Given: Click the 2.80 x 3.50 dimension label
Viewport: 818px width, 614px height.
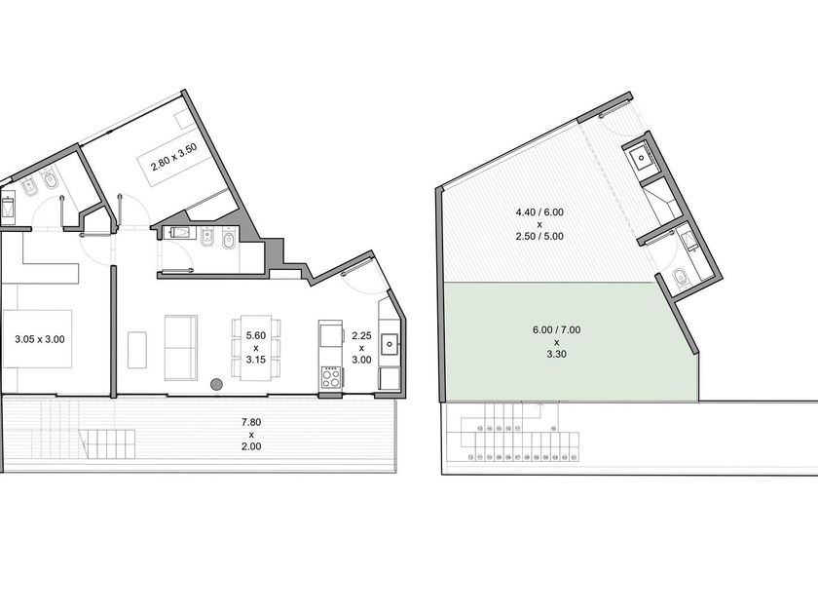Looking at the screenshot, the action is pos(173,157).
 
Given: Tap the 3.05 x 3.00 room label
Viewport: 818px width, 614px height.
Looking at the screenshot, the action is pos(40,339).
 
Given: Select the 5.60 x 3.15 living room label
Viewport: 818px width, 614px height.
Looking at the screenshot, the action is pos(255,348).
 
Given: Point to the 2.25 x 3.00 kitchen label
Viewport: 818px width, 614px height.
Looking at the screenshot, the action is pos(361,348).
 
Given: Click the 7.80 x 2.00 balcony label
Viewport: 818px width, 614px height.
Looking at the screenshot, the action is pos(251,434).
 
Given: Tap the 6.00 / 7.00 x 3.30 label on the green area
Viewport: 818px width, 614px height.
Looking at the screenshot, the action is pos(556,342).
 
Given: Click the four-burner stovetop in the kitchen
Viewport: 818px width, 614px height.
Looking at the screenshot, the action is pos(331,377).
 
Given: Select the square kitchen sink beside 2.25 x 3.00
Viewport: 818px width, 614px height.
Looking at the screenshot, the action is pos(390,343).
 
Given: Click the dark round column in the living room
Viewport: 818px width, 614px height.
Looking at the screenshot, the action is pos(216,385).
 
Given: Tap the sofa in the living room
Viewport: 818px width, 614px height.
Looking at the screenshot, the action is pos(181,348).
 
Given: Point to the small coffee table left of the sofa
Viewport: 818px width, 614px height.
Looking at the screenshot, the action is pos(137,349).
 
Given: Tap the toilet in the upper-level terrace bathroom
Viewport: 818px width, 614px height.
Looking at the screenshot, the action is pos(681,277).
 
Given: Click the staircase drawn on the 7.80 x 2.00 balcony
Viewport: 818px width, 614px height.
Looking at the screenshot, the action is pos(107,443).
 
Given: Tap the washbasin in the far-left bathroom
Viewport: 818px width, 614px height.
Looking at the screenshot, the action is pos(9,208).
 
